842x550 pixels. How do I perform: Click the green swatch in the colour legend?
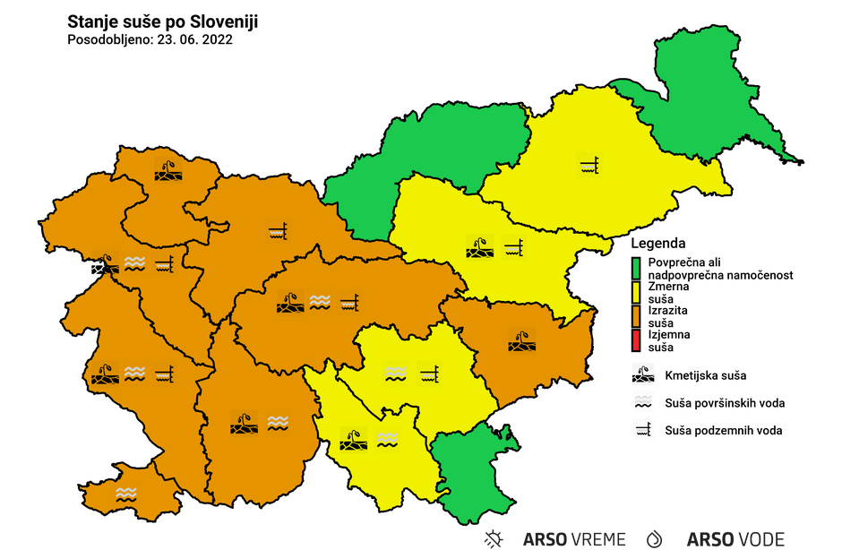(636, 268)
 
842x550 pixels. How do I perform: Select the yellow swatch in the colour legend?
(636, 292)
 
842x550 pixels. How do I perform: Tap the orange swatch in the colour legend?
(636, 316)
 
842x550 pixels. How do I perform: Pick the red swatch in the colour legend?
(636, 340)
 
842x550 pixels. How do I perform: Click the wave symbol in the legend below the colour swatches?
(642, 400)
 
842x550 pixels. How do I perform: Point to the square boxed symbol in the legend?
(642, 429)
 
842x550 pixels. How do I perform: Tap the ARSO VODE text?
(735, 539)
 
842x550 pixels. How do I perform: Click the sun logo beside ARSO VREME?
(494, 539)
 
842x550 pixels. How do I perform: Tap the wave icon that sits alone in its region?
(126, 494)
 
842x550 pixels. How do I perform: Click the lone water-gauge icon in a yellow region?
(589, 165)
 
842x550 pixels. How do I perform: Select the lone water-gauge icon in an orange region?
(278, 234)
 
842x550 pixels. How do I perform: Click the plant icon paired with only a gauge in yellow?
(480, 246)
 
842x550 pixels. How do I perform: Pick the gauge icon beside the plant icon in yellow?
(512, 246)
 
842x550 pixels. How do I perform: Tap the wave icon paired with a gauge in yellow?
(396, 372)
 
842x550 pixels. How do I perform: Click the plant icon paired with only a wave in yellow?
(354, 440)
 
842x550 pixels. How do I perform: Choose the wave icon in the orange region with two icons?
(277, 422)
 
